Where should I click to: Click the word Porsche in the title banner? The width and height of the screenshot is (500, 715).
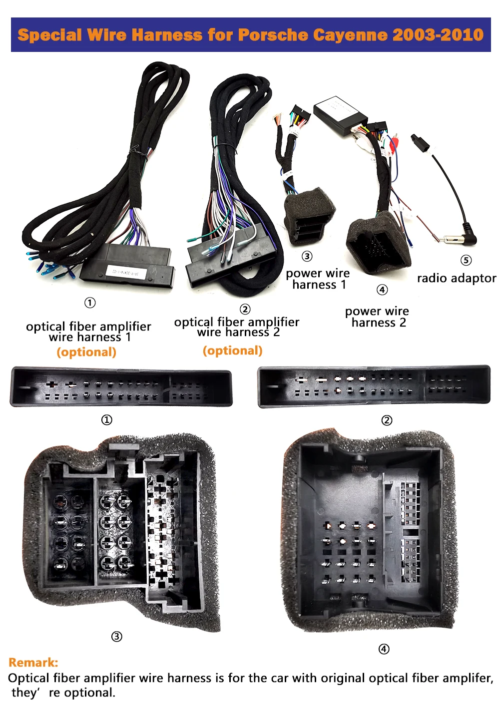tap(273, 35)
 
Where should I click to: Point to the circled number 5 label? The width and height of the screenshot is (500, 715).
tap(466, 260)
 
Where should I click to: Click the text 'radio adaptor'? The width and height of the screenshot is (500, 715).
tap(457, 278)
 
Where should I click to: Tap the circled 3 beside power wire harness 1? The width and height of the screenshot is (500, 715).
tap(307, 256)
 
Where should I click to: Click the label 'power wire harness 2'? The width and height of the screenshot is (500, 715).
tap(378, 317)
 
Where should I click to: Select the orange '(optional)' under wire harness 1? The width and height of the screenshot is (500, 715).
tap(86, 352)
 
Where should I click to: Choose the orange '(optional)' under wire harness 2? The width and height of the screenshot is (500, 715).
tap(232, 351)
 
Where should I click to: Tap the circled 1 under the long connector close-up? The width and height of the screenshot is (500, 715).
tap(107, 420)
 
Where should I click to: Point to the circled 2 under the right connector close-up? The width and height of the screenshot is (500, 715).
tap(387, 420)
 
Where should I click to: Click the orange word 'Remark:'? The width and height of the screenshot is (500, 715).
tap(33, 663)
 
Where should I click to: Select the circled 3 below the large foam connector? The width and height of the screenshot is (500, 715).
tap(116, 637)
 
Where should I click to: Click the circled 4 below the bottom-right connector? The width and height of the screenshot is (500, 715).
tap(384, 649)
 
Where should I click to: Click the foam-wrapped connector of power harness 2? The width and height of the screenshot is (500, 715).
tap(378, 244)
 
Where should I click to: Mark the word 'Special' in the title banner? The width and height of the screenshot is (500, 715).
tap(49, 35)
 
